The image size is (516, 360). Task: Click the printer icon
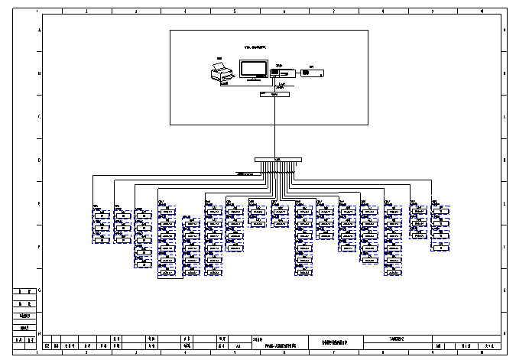point(221,73)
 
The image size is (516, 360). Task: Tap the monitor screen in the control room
point(253,67)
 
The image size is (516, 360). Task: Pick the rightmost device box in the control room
point(313,73)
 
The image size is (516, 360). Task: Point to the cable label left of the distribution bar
point(245,174)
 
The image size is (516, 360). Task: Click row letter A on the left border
point(39,30)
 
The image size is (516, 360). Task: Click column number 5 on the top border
point(234,12)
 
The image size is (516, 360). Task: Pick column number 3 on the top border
point(135,12)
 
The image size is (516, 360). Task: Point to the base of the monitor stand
point(253,79)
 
